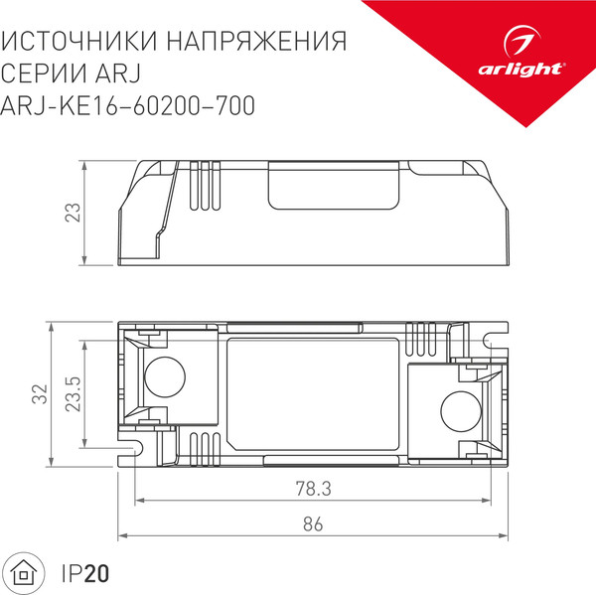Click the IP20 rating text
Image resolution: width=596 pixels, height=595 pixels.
tap(85, 573)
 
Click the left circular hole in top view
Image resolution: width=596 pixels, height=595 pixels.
tap(163, 376)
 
